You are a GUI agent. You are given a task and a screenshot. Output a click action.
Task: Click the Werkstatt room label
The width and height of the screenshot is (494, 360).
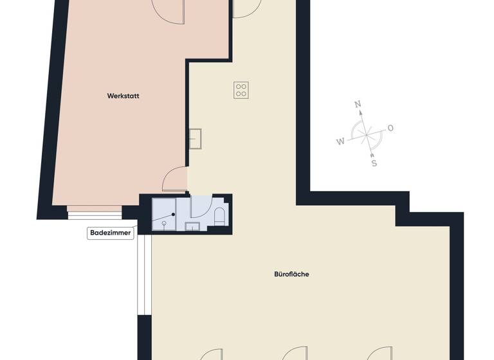123,96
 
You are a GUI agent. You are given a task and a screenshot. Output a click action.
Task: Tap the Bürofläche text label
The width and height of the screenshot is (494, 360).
291,274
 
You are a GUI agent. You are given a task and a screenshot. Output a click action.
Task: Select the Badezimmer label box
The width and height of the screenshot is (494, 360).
111,233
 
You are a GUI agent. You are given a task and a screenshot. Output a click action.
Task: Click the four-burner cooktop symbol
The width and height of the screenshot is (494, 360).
241,90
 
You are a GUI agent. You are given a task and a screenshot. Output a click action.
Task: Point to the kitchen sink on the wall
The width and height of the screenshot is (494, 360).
195,138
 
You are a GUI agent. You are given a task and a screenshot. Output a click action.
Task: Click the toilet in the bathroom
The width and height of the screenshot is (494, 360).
219,216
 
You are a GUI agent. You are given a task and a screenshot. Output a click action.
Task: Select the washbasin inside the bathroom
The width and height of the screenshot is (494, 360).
192,226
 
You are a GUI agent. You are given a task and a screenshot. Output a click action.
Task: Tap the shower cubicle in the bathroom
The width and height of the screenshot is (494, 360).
163,214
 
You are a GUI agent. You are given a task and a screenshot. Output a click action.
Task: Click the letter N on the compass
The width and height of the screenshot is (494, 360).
359,104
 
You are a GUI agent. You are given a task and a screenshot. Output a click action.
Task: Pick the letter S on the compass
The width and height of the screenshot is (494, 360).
374,163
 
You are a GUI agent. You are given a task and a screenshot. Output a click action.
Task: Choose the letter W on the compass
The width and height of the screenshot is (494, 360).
340,141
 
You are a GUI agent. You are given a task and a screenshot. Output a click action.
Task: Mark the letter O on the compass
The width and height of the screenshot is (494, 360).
390,128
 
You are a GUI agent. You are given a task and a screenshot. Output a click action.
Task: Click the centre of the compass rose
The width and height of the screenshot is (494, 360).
366,134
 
